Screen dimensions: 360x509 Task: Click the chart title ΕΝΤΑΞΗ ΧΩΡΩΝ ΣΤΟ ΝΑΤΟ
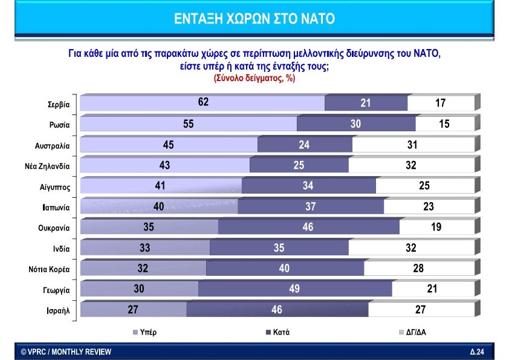(x=254, y=18)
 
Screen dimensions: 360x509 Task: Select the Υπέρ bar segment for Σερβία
(x=203, y=103)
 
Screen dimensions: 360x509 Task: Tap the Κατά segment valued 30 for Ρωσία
(x=356, y=124)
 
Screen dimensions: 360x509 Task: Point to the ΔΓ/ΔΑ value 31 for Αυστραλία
(x=413, y=145)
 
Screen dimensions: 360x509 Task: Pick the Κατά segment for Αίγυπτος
(x=308, y=186)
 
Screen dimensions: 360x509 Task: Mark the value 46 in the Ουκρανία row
(x=308, y=227)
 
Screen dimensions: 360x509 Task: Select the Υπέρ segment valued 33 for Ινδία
(x=145, y=248)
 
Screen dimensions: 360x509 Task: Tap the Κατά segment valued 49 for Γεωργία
(x=294, y=289)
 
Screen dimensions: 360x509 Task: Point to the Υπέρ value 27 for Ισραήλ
(x=133, y=310)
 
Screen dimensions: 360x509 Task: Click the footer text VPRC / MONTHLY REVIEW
(x=66, y=352)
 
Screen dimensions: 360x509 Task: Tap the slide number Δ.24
(x=477, y=352)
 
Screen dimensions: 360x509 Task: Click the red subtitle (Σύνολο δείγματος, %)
(x=254, y=78)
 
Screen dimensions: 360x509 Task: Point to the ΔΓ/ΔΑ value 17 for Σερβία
(x=440, y=103)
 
